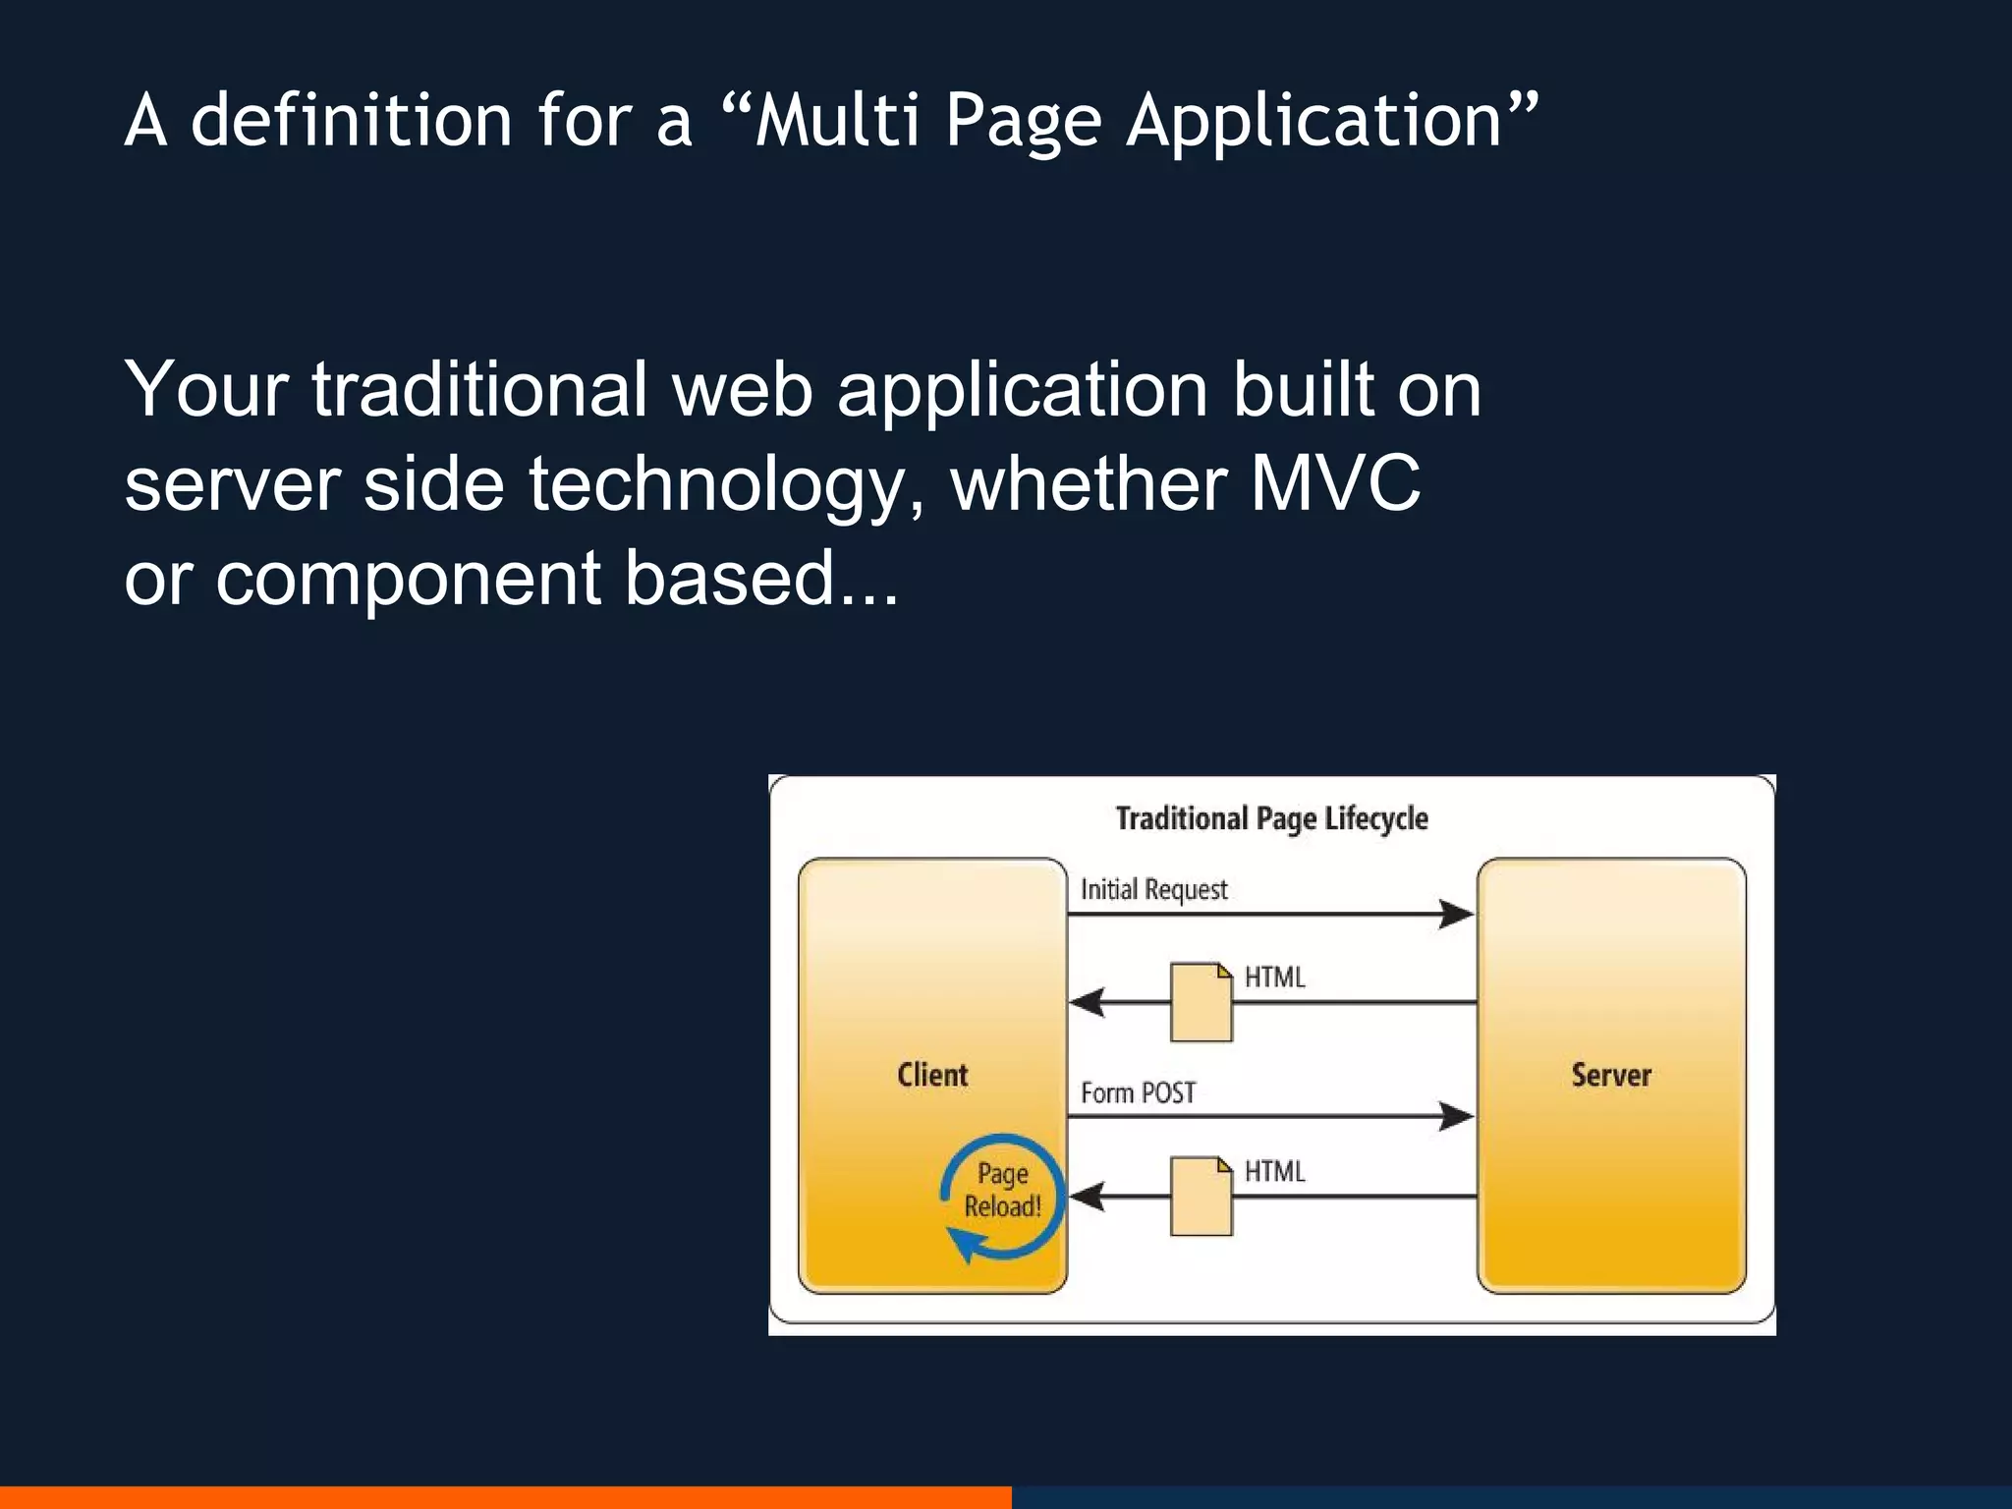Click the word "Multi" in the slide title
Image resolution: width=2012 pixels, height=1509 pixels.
(837, 120)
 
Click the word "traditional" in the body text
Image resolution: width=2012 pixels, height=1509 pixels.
(478, 389)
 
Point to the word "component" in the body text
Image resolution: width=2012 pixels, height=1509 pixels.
(408, 580)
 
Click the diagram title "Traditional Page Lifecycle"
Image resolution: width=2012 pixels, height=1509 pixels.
(1271, 818)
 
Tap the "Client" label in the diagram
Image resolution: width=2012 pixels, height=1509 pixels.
(932, 1075)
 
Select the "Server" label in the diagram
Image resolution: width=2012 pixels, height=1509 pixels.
(1611, 1075)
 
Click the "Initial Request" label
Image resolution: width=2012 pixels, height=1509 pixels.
(1153, 889)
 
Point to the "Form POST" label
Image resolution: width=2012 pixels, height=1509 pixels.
(1138, 1092)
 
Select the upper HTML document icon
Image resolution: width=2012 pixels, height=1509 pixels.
(1201, 1002)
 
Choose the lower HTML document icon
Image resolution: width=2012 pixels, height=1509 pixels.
(1201, 1197)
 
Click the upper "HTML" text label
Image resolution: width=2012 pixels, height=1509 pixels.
(1274, 978)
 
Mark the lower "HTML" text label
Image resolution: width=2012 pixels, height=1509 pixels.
(1274, 1171)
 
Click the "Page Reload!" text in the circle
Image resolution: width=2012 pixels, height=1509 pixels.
(1002, 1190)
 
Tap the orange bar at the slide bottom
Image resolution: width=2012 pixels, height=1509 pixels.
(505, 1497)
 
